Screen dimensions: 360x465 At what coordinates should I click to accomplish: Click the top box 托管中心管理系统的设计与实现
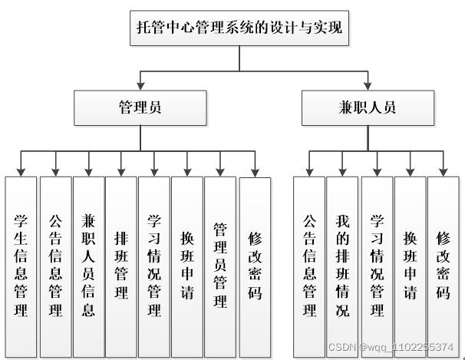tap(239, 30)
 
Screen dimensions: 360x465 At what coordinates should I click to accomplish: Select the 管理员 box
tap(140, 108)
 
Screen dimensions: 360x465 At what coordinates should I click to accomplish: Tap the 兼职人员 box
tap(368, 108)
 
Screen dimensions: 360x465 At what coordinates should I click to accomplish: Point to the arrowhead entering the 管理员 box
tap(140, 86)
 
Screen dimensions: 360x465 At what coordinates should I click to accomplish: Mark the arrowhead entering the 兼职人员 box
tap(368, 86)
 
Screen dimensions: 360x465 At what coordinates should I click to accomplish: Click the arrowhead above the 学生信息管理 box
tap(21, 171)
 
